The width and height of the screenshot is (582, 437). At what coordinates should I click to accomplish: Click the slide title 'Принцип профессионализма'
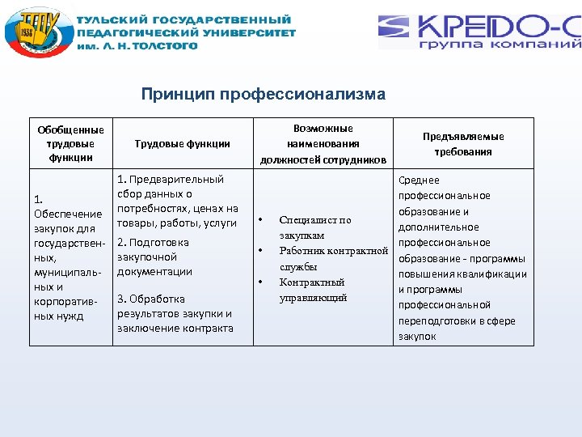pos(264,95)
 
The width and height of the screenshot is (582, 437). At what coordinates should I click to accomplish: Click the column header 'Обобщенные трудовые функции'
pos(71,143)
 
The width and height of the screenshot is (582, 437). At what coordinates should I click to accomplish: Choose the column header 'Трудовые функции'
pos(183,143)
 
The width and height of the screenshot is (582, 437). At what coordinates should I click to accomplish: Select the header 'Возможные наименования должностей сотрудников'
pos(323,143)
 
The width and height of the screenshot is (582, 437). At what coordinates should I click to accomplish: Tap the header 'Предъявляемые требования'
pos(463,144)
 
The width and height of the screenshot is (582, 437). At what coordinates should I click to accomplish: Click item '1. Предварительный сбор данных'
pos(178,201)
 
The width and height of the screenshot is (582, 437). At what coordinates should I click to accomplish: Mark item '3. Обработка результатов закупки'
pos(175,313)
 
